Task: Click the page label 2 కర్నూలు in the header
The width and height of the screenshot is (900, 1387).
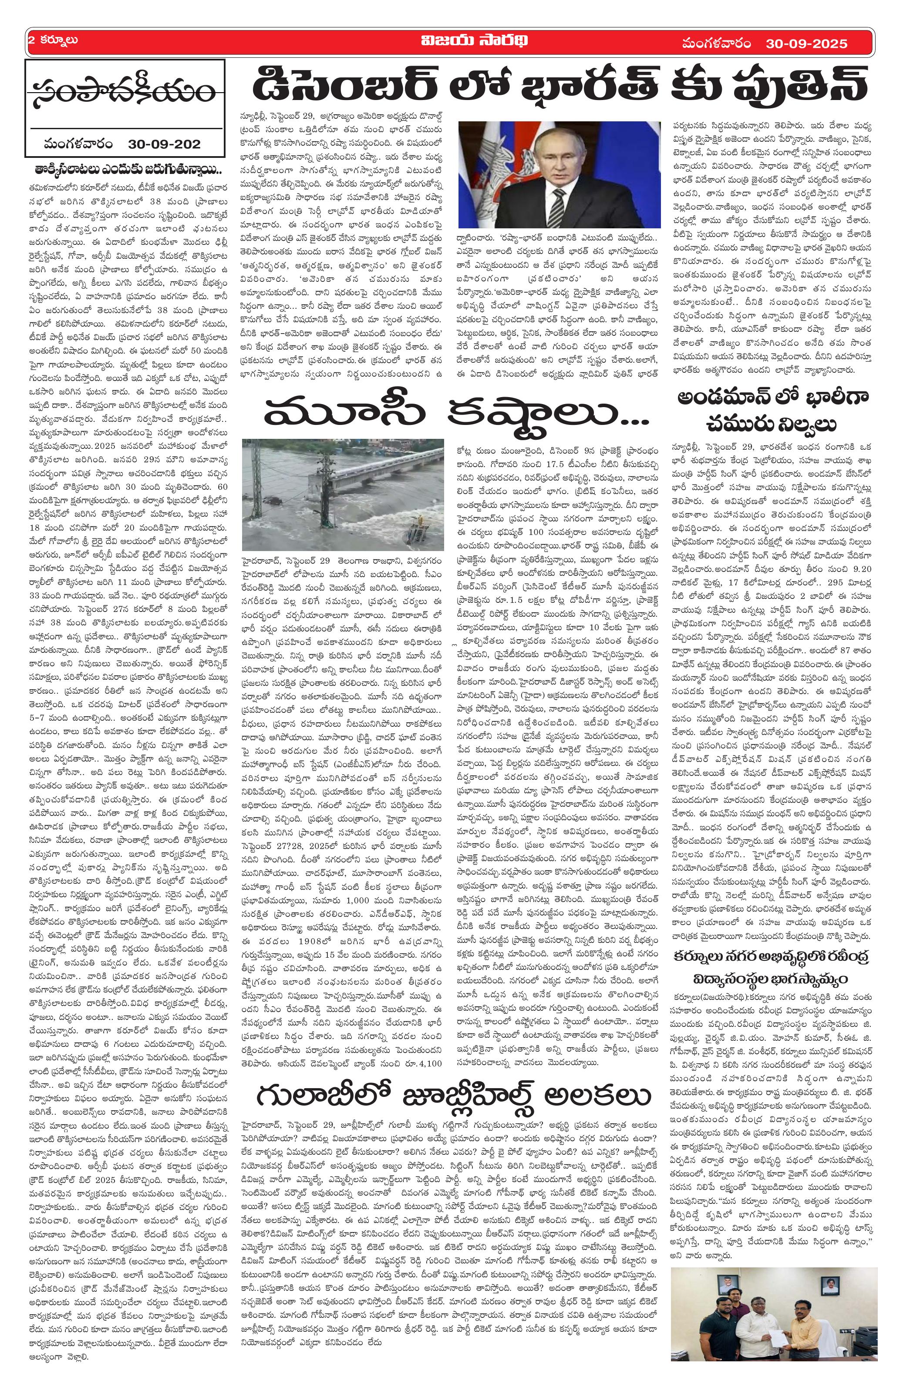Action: (54, 41)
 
